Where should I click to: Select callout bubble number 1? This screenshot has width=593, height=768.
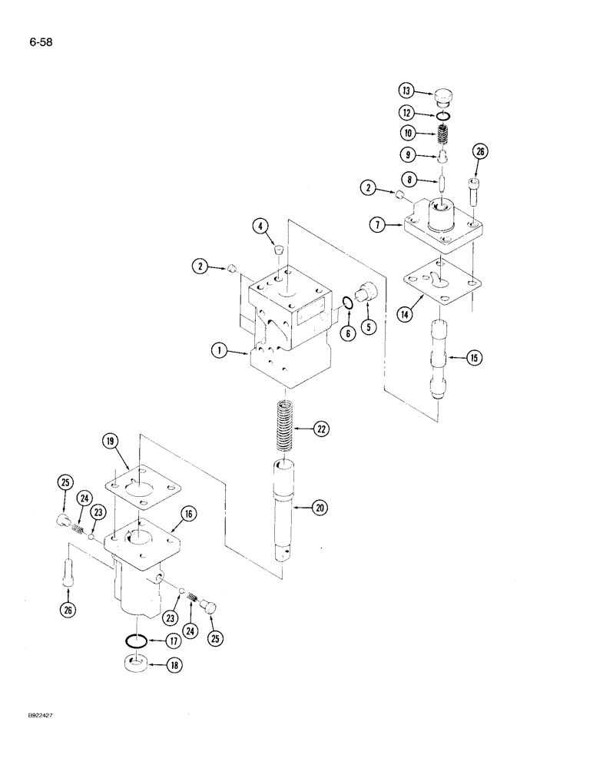pos(219,352)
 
